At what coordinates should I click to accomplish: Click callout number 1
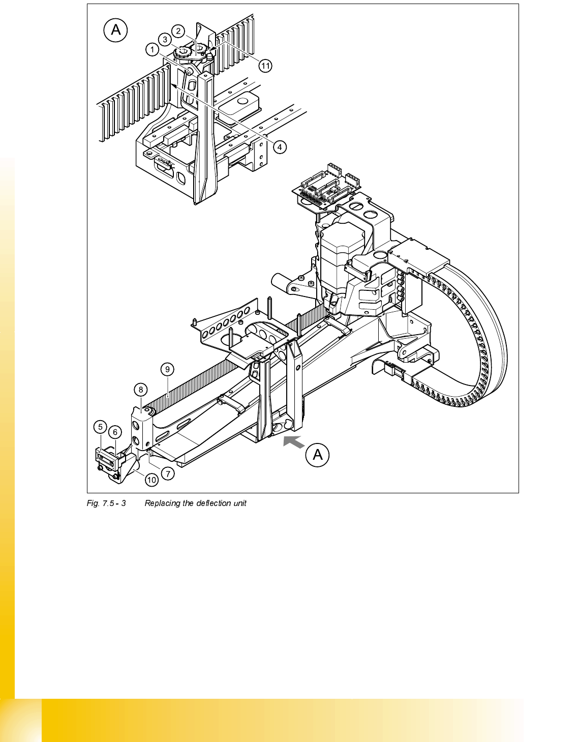[x=152, y=50]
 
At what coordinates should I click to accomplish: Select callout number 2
[x=178, y=31]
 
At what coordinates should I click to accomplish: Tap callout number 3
[x=165, y=39]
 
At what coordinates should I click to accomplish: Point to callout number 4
[x=280, y=147]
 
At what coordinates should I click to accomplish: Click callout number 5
[x=100, y=427]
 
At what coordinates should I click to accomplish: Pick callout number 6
[x=115, y=432]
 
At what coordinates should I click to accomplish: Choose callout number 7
[x=168, y=473]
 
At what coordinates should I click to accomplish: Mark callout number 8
[x=141, y=390]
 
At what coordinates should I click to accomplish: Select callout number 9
[x=167, y=370]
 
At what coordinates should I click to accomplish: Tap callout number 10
[x=151, y=480]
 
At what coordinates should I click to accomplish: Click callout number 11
[x=265, y=66]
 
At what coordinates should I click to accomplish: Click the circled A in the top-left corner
[x=116, y=30]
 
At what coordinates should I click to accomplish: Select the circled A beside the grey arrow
[x=318, y=455]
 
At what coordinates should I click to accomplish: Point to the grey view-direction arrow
[x=293, y=441]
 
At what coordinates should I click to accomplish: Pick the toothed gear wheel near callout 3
[x=182, y=53]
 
